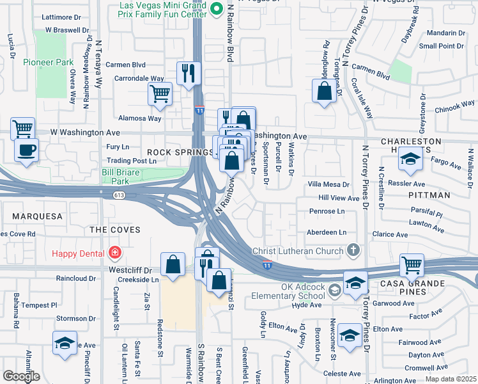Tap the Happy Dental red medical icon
click(x=114, y=252)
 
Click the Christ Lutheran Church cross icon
click(x=352, y=251)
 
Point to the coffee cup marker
click(x=26, y=150)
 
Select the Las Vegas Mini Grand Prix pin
click(x=216, y=9)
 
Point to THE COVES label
click(x=109, y=229)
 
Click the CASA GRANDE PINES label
click(x=434, y=283)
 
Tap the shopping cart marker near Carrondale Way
click(x=160, y=93)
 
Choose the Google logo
click(x=21, y=376)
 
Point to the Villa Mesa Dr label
click(x=328, y=184)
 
